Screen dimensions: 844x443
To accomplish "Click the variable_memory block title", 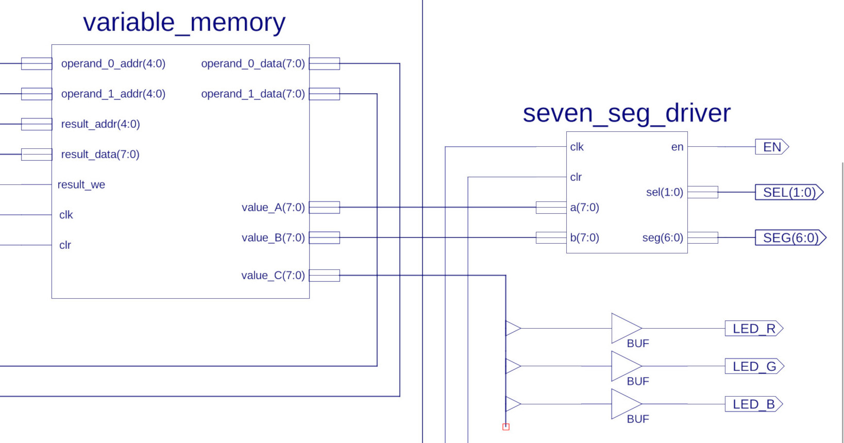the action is [x=184, y=23].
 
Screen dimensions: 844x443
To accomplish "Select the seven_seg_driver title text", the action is [x=627, y=113].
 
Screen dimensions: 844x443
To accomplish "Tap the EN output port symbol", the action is [x=772, y=147].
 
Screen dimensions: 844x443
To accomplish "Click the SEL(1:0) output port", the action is [x=789, y=192].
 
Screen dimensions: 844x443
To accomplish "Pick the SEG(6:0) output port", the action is [x=790, y=237].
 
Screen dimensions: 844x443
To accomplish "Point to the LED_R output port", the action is [x=754, y=329].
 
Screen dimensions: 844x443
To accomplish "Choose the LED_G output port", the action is [x=754, y=366].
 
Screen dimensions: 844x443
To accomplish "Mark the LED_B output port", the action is [x=753, y=404].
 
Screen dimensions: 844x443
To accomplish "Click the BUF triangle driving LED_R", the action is [x=626, y=328].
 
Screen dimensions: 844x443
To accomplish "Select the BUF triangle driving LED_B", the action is [x=626, y=404].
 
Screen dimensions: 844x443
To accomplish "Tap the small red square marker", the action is [x=506, y=427].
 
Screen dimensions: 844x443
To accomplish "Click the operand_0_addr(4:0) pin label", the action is [x=113, y=64].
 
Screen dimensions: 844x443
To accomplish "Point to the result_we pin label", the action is [x=81, y=184].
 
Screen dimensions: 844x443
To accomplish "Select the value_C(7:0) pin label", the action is [x=273, y=276].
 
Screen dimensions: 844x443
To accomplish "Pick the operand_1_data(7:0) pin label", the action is [x=253, y=94].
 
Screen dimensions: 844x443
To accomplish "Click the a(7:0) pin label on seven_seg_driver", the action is [x=585, y=208].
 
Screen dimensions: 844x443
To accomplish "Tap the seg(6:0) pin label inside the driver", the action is [x=663, y=237].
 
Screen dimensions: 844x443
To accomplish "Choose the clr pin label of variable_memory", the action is [x=65, y=245].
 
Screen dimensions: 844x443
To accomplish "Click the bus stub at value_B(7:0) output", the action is [x=325, y=237].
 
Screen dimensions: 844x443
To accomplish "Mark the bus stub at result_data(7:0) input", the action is [x=37, y=155].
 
